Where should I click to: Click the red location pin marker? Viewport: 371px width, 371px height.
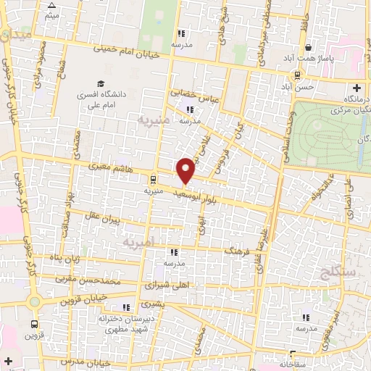pos(186,170)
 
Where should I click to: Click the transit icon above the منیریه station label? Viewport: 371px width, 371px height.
pos(152,178)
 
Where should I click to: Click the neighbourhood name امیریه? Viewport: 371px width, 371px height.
pos(140,241)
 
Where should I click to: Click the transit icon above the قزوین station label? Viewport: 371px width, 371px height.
pos(34,324)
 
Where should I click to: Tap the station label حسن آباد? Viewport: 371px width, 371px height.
pos(299,86)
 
